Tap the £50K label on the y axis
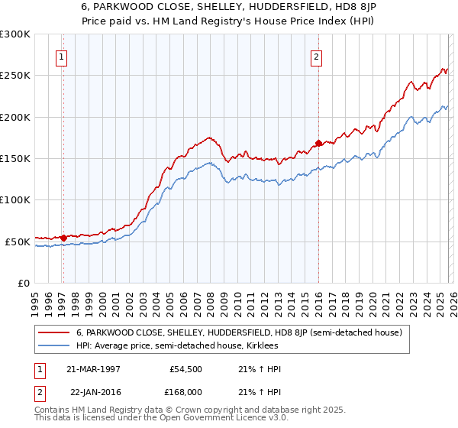coord(18,242)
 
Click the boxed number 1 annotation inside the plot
coord(61,55)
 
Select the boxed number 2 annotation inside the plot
coord(316,55)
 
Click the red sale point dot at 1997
coord(64,238)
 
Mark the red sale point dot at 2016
coord(318,143)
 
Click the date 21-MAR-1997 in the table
coord(94,369)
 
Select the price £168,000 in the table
coord(185,391)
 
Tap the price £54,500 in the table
coord(185,369)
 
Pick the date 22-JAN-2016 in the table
coord(94,391)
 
